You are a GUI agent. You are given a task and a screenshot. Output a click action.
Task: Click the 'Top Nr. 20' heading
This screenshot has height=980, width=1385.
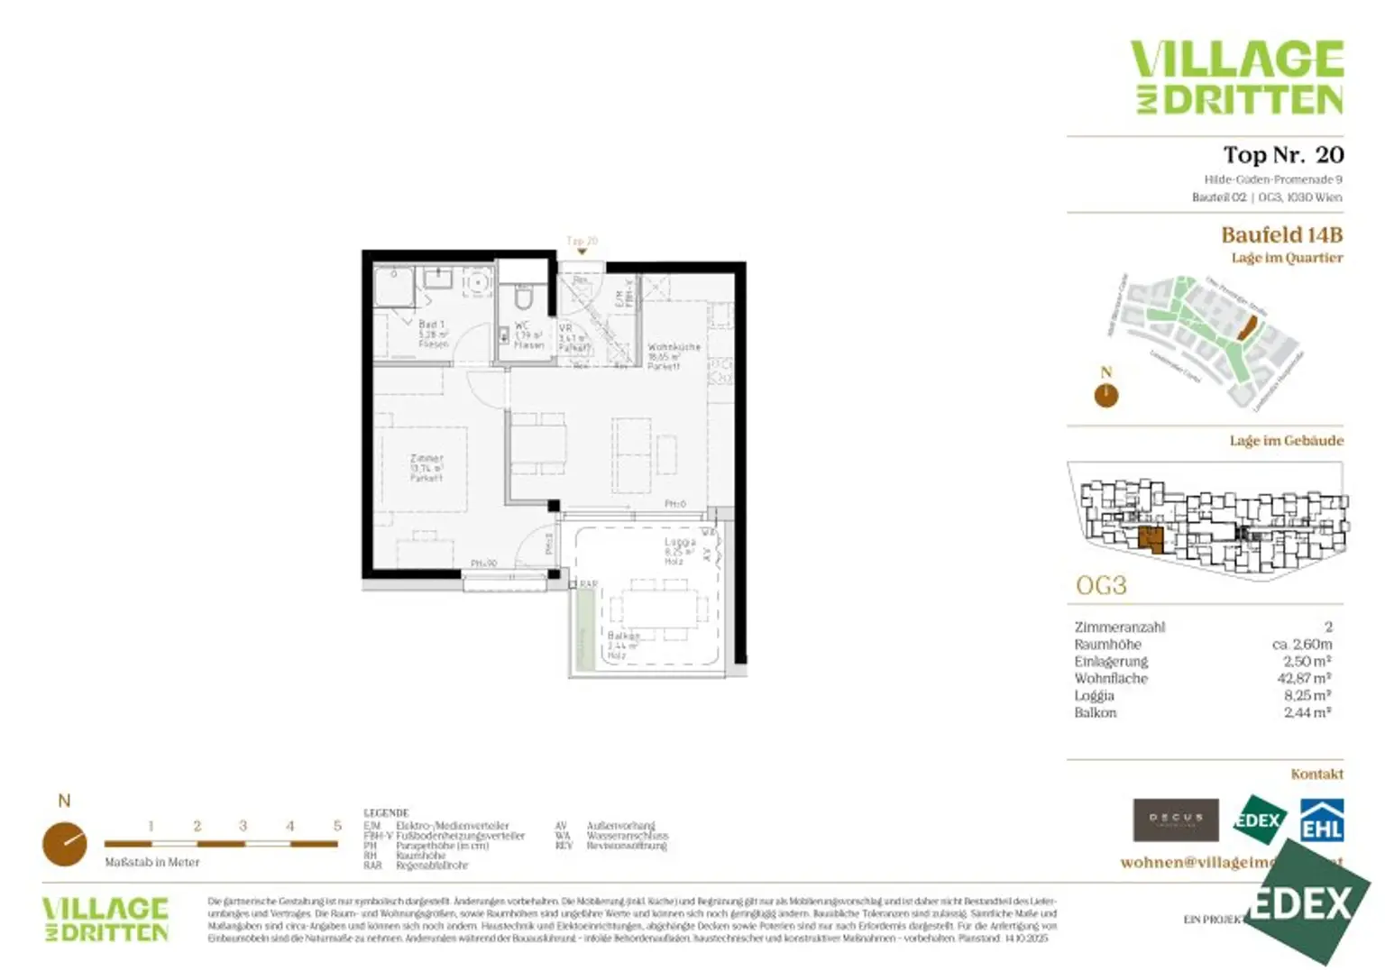1282,155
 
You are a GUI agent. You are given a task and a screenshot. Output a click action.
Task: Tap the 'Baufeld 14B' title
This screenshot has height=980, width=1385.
1281,235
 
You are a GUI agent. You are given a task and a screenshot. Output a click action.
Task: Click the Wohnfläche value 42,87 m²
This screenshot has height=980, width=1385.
1304,678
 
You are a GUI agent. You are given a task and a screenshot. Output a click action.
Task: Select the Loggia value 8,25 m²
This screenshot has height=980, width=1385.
1307,695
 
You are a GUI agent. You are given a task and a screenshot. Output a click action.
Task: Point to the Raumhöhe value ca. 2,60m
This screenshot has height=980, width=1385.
1301,644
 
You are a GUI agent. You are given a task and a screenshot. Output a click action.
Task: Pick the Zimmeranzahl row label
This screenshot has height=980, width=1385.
1119,627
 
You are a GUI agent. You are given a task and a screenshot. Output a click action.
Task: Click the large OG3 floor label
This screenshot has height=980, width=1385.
1101,586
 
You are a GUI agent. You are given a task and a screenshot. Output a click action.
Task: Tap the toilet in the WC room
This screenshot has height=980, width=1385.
524,297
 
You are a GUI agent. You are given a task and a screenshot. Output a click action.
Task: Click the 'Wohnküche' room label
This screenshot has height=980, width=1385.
674,347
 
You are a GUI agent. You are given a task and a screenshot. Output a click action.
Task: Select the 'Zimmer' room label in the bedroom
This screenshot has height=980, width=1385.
427,459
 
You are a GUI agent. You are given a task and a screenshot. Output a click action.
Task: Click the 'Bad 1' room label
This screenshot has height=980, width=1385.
431,325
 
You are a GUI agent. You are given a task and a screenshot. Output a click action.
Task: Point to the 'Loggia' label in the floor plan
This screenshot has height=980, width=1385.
680,542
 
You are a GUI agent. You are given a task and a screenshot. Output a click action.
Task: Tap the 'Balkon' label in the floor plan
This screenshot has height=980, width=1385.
622,636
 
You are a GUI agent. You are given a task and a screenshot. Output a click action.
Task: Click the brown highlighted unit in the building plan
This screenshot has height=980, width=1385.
1151,540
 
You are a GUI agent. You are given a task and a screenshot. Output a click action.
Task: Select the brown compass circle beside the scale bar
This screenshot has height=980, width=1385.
65,844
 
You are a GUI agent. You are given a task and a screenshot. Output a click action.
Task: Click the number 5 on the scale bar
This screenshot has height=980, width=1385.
337,826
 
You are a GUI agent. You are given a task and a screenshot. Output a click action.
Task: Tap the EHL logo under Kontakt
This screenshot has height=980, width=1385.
1321,820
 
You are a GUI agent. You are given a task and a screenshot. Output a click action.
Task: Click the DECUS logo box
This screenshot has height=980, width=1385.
1176,820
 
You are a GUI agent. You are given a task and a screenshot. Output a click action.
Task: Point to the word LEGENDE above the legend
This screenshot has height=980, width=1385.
386,813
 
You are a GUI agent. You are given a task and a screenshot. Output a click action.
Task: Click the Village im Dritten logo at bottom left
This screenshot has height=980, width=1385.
105,920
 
